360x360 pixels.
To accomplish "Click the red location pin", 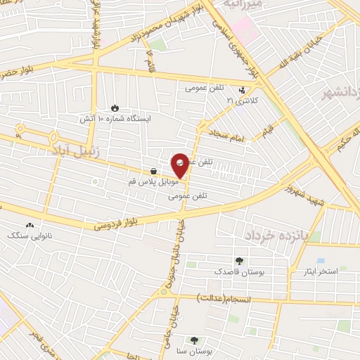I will (181, 165).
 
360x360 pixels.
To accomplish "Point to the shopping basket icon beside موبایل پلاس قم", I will (153, 170).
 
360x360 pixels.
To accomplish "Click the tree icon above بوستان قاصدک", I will (240, 259).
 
